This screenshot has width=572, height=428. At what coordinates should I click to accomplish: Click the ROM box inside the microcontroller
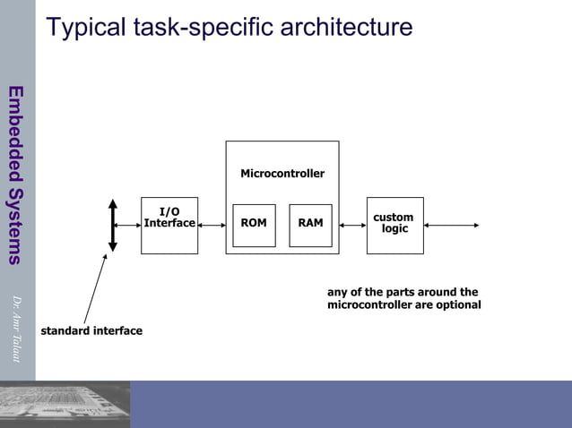(254, 225)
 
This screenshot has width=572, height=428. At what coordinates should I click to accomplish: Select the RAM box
(310, 225)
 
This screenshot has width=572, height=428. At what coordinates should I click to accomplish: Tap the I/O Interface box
(169, 225)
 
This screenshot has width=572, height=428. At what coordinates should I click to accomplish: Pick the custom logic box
(394, 225)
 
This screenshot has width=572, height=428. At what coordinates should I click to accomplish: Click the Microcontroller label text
(282, 174)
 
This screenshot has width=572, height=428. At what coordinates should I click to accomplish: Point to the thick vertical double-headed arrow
(113, 225)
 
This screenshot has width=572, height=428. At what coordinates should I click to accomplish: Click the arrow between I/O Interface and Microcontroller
(212, 225)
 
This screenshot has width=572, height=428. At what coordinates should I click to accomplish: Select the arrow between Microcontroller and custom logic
(353, 225)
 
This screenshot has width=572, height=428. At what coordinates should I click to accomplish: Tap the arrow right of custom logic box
(452, 225)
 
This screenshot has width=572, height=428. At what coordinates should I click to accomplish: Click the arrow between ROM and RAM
(282, 225)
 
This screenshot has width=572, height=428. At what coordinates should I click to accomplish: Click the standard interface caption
(91, 331)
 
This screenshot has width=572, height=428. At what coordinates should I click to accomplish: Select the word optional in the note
(458, 305)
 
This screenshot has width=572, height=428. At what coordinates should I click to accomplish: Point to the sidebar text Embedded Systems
(15, 175)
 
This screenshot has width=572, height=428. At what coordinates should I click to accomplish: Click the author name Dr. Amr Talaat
(16, 329)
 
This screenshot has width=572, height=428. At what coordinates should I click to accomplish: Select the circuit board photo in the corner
(65, 404)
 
